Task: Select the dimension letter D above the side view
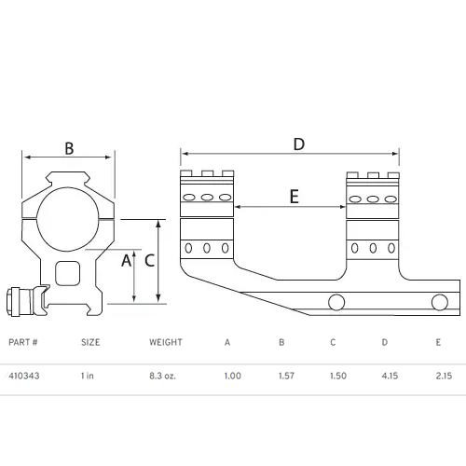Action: (x=298, y=144)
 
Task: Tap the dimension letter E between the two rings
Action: (x=294, y=197)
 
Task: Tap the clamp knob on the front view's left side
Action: (x=19, y=300)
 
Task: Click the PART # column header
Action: (x=21, y=342)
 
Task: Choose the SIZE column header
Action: (x=90, y=342)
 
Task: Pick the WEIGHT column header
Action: (x=166, y=342)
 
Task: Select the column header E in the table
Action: (x=438, y=342)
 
